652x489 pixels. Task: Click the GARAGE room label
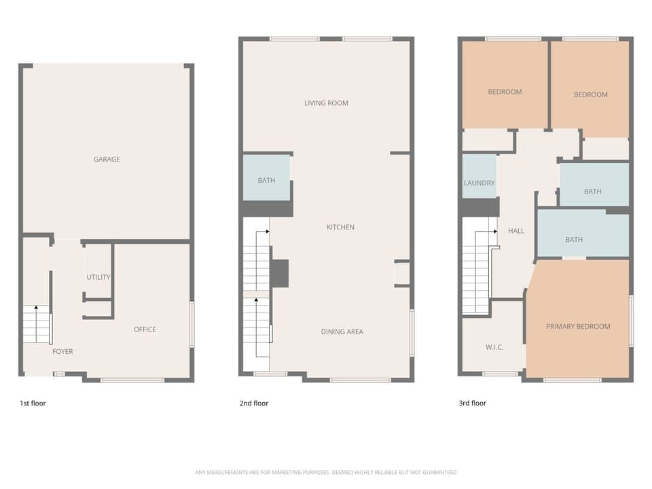107,159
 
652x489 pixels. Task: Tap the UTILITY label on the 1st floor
98,277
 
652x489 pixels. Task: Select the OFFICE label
145,329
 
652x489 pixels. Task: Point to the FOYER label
62,351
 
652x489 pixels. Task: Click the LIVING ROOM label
326,103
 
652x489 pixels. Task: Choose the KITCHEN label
340,227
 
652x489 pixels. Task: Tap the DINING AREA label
342,331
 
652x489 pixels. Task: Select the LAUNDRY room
479,178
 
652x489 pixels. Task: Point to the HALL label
516,231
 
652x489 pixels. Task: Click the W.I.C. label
494,347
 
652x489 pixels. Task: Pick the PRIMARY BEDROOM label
578,326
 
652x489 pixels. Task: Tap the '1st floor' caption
33,403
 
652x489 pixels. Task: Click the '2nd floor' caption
253,403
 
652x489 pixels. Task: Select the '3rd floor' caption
473,403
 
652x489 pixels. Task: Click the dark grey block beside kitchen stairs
279,273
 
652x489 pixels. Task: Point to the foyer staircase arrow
36,310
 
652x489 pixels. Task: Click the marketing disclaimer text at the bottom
326,472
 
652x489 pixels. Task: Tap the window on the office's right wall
192,325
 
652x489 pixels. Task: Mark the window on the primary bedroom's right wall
632,321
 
